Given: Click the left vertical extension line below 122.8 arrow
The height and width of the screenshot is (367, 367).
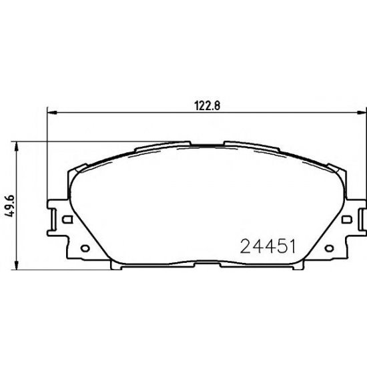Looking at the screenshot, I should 47,160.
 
